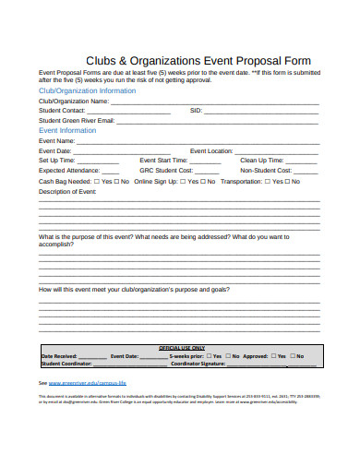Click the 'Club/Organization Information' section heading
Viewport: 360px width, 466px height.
(87, 91)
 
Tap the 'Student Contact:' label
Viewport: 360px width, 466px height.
(62, 111)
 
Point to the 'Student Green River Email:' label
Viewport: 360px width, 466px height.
(77, 121)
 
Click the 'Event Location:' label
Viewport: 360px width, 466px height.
(211, 150)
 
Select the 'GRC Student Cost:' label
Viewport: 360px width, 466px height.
(166, 171)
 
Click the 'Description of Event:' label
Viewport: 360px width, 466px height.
(68, 191)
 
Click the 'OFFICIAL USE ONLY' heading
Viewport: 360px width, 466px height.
(181, 348)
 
